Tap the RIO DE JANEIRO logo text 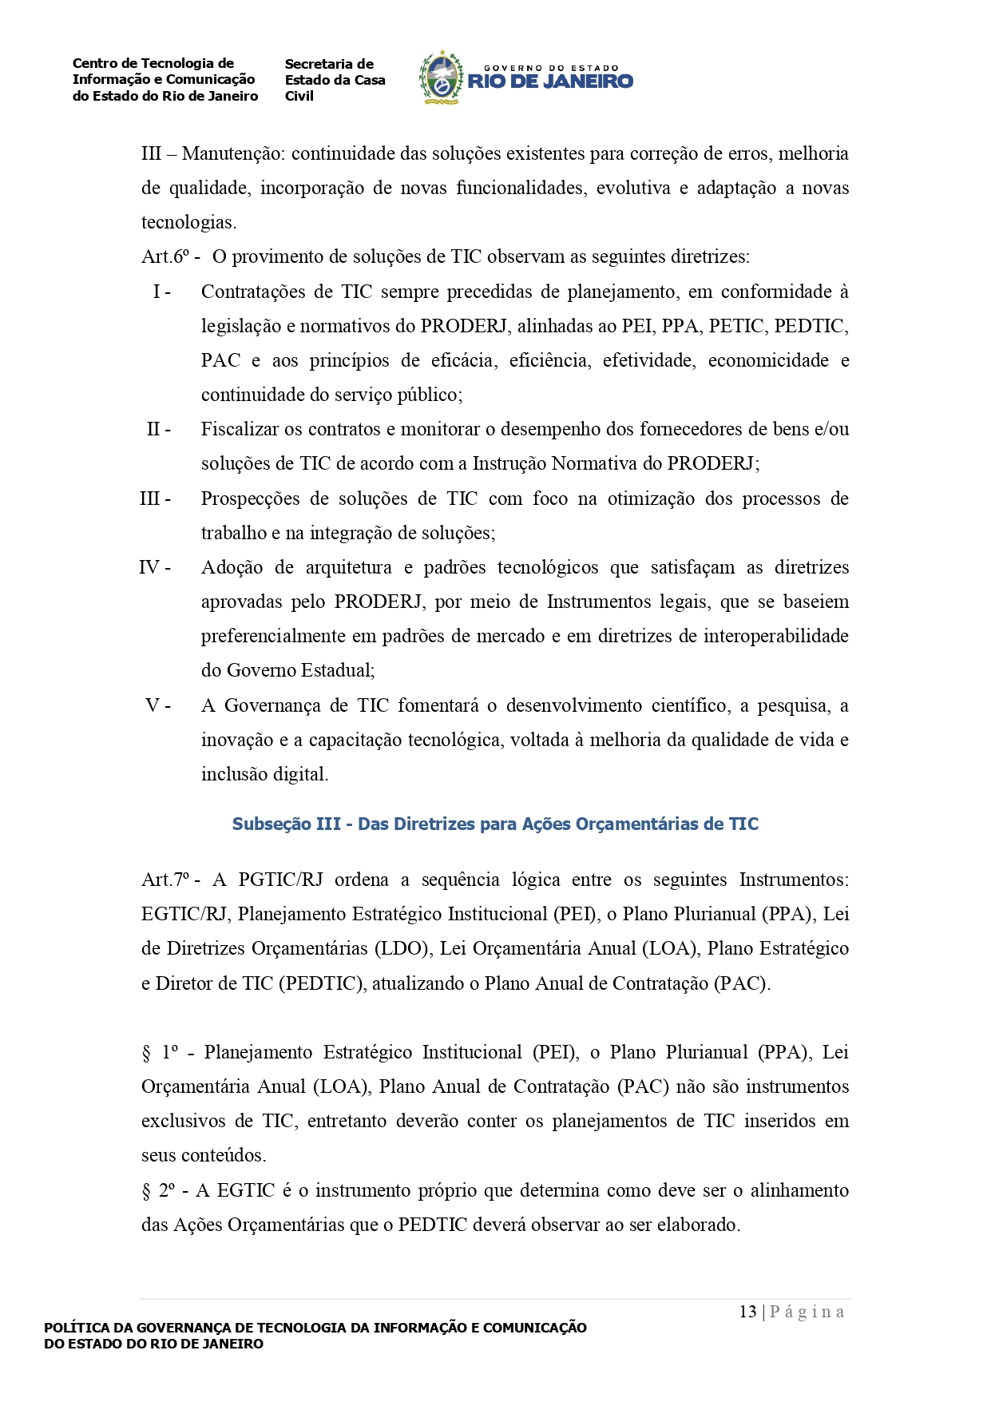click(550, 81)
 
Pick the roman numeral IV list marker click(154, 567)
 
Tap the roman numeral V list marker click(157, 705)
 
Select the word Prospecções click(250, 498)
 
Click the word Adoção click(232, 567)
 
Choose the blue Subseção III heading click(495, 824)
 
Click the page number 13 click(747, 1312)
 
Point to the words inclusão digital click(264, 774)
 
